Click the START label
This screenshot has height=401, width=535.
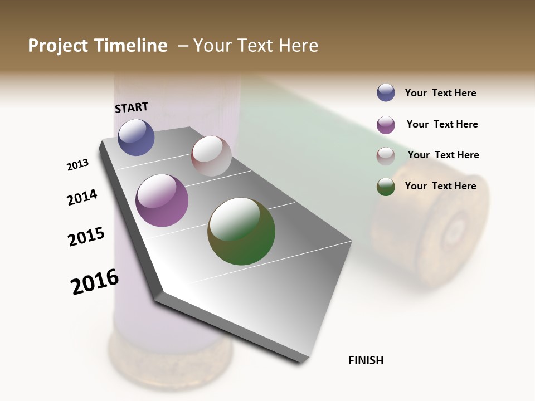(132, 107)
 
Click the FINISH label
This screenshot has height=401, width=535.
(366, 360)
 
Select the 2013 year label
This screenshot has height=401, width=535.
(77, 165)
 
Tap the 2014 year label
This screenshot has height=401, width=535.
(82, 197)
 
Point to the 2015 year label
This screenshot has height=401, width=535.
(86, 237)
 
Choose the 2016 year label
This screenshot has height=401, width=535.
(95, 282)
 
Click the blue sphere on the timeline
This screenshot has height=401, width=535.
(136, 137)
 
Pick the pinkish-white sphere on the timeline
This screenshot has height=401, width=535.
(211, 156)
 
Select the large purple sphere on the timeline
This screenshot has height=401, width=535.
(162, 200)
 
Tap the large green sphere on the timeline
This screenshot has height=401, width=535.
(241, 231)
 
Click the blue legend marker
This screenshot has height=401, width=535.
(386, 92)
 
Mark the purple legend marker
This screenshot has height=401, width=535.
(386, 125)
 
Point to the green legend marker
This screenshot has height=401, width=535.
(386, 187)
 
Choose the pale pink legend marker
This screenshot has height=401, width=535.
(386, 156)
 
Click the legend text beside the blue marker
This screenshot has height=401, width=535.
(440, 93)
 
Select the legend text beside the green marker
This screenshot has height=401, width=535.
(440, 186)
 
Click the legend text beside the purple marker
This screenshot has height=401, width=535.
(442, 124)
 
